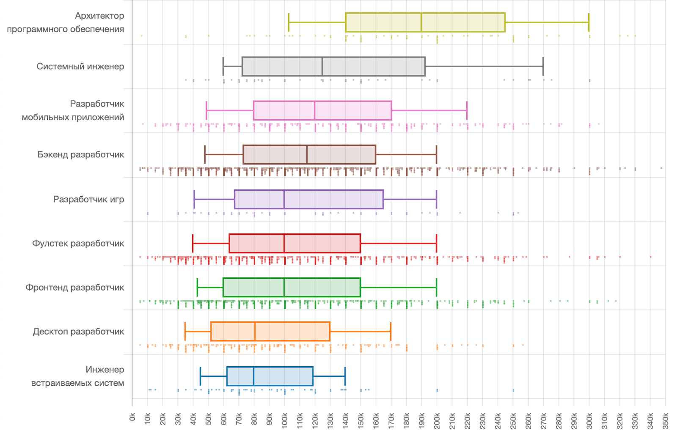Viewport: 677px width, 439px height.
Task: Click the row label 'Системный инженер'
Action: [80, 66]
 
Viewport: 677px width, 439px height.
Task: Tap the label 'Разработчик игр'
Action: [88, 199]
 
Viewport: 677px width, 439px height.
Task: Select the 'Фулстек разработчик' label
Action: [78, 243]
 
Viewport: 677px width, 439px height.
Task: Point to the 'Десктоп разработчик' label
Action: [78, 332]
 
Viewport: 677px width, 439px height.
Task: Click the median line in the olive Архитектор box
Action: [421, 22]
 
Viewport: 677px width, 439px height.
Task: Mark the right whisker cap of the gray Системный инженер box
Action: [543, 66]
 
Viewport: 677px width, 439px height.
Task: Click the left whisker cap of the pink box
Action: [206, 110]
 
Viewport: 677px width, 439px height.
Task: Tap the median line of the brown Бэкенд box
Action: [307, 154]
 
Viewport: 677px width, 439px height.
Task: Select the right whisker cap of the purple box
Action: [436, 199]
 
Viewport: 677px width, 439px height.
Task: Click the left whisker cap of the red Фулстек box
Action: [193, 243]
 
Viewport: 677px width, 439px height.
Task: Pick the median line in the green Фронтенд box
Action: [284, 288]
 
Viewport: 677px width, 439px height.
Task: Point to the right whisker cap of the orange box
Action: [391, 332]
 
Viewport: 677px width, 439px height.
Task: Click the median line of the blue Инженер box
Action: [254, 376]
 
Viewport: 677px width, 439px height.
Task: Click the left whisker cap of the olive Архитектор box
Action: [289, 22]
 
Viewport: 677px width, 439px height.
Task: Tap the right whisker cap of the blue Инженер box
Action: [345, 376]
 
